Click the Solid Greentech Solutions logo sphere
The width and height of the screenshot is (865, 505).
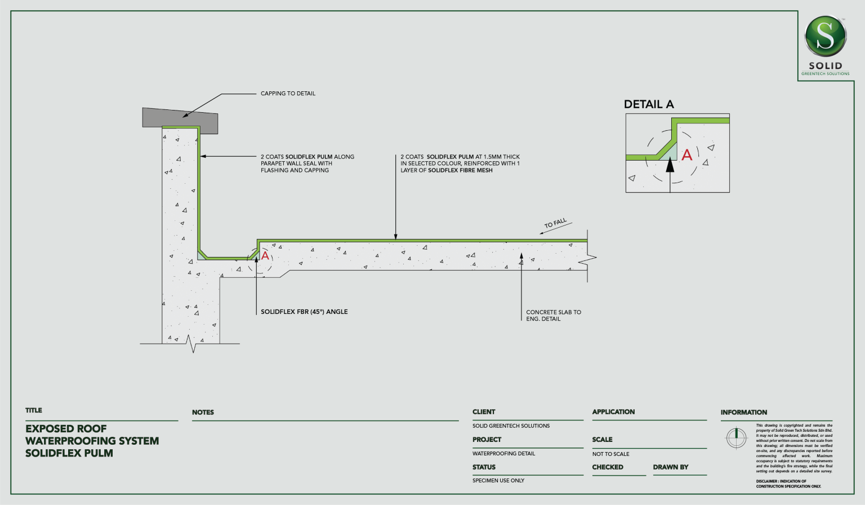click(825, 36)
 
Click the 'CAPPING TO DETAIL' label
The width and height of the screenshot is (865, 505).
click(288, 94)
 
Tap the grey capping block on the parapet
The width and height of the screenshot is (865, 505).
click(180, 118)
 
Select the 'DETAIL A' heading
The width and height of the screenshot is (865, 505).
click(649, 104)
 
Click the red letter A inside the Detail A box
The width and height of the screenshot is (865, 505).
click(687, 155)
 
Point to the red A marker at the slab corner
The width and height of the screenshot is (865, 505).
click(265, 255)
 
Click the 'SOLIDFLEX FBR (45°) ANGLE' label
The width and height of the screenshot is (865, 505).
click(304, 312)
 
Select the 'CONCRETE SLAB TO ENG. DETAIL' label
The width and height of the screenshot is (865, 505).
click(553, 316)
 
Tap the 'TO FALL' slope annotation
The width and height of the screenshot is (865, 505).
click(555, 224)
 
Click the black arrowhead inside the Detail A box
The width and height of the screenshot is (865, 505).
click(670, 166)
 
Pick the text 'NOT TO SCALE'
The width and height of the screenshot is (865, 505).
click(610, 454)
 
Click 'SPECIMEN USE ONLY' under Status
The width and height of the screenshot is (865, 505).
click(498, 481)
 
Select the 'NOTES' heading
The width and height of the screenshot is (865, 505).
click(203, 413)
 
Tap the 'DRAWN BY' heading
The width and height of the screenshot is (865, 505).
click(671, 467)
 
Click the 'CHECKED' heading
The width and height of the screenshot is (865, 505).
click(608, 467)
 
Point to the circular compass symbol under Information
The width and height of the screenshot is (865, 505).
click(736, 437)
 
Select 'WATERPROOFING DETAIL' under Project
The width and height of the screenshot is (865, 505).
click(503, 454)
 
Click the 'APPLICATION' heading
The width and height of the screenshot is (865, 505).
click(613, 412)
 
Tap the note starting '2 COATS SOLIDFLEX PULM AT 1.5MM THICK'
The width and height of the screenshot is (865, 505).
click(460, 163)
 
